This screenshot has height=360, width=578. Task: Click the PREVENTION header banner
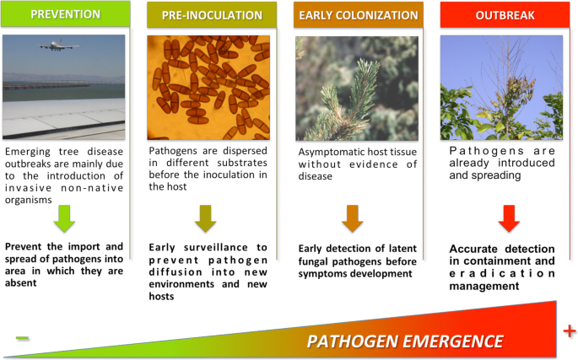tap(66, 13)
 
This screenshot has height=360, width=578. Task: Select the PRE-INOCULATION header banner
tap(212, 14)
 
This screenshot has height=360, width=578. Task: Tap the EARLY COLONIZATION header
tap(359, 14)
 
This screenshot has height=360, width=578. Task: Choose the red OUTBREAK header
tap(505, 14)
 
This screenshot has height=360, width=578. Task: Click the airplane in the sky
tap(58, 46)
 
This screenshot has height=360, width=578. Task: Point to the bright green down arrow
tap(64, 218)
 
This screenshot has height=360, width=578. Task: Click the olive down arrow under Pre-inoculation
tap(206, 218)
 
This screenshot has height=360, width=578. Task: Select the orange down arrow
tap(353, 218)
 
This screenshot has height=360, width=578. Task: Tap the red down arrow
tap(509, 218)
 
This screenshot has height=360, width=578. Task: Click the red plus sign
tap(570, 330)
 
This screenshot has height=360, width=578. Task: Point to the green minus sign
tap(22, 337)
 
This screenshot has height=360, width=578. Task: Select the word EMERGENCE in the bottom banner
tap(447, 341)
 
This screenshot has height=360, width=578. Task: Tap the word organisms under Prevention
tap(29, 200)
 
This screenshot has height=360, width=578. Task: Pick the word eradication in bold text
tap(502, 273)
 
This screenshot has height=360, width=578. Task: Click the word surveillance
tap(216, 247)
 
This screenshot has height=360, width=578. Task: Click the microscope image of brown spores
tap(208, 88)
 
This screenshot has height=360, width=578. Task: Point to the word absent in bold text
tap(20, 283)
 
